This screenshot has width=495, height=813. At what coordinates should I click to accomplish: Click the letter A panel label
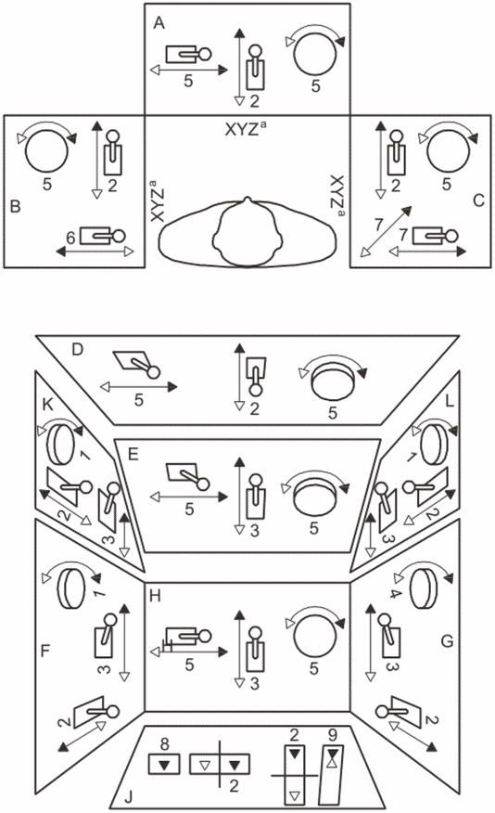(159, 23)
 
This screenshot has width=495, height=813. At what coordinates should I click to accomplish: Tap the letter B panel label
(16, 206)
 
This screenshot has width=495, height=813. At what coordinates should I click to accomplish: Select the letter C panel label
(479, 200)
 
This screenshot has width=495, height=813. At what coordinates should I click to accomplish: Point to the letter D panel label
(77, 350)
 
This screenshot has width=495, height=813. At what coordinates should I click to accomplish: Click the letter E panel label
(133, 455)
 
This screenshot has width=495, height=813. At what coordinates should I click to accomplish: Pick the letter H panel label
(155, 596)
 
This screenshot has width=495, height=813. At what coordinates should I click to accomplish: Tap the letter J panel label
(129, 797)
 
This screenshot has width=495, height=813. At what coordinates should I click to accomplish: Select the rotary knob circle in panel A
(315, 54)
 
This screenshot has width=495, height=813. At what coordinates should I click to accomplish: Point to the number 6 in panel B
(71, 238)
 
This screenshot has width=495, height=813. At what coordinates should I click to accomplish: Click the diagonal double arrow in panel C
(386, 231)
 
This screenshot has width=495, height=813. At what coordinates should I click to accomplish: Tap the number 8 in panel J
(165, 744)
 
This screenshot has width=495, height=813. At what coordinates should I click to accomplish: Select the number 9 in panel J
(333, 734)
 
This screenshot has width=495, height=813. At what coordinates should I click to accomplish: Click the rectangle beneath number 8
(165, 764)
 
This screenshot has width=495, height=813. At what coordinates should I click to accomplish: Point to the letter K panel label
(47, 405)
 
